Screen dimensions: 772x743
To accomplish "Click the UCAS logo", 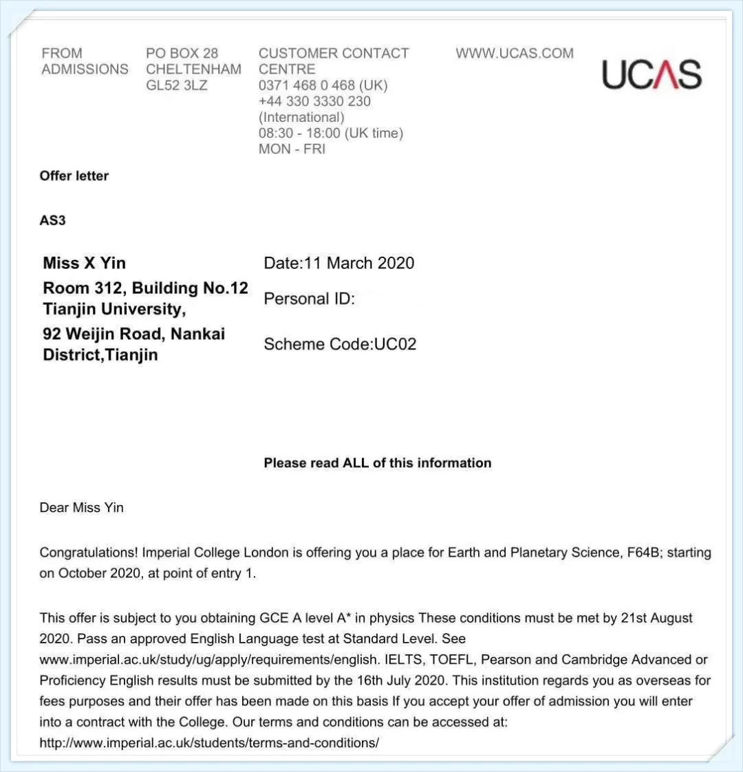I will (x=652, y=74).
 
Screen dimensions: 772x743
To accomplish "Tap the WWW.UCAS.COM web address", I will (x=514, y=54).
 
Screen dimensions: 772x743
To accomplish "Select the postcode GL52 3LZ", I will (x=176, y=85).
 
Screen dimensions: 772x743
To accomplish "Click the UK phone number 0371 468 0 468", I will (x=307, y=85).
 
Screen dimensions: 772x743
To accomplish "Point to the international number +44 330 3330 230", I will (x=314, y=101).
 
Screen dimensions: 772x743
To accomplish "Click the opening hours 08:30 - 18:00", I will (x=301, y=133).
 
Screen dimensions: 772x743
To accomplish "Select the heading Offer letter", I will (x=74, y=175).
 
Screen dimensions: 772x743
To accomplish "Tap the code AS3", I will (x=53, y=220).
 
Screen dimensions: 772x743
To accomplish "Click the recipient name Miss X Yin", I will (x=85, y=263).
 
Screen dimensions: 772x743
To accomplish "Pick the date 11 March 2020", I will (x=358, y=263).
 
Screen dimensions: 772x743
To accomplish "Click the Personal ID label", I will (x=309, y=299).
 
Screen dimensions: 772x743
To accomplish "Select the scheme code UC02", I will (x=395, y=344).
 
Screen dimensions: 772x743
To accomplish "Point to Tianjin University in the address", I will (x=114, y=308).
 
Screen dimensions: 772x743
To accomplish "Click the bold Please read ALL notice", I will (x=377, y=463).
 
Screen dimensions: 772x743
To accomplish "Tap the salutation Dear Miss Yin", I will (x=82, y=508).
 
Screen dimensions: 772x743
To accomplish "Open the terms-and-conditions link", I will (x=209, y=743).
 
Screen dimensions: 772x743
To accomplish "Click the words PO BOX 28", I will (x=182, y=54).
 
